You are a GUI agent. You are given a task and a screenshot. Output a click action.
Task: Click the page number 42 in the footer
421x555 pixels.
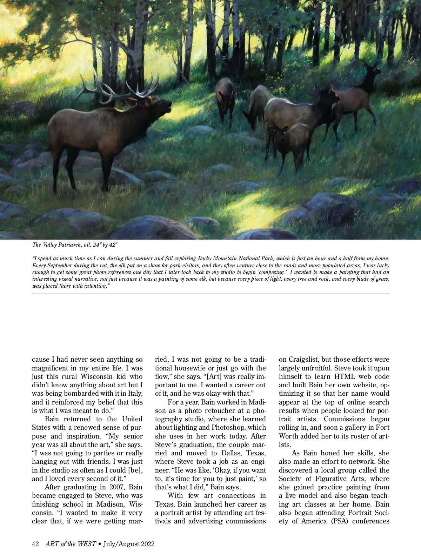[35, 544]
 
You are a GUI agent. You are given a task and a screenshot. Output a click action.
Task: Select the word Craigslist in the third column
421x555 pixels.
[304, 360]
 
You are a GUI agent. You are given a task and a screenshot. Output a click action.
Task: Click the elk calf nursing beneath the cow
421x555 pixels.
[291, 144]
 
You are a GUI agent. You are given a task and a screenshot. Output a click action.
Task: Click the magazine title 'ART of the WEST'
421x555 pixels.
[71, 544]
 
